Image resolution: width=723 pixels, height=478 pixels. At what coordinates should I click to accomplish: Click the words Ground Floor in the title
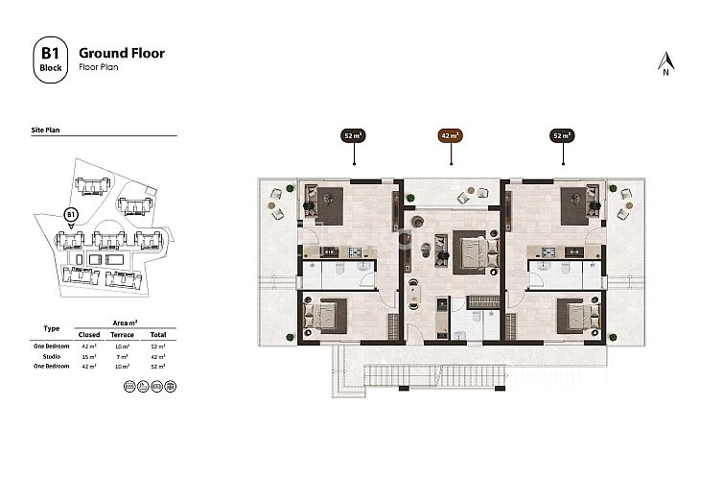(x=121, y=53)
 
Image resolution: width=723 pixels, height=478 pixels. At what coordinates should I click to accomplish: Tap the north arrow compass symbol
(x=664, y=62)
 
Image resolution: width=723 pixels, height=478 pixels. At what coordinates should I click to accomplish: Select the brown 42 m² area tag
(x=450, y=136)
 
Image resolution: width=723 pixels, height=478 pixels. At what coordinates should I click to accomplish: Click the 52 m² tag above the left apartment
(x=355, y=136)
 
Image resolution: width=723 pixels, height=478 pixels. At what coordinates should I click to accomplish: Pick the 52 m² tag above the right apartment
(x=562, y=136)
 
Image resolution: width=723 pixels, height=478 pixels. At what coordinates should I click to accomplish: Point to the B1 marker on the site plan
(x=70, y=215)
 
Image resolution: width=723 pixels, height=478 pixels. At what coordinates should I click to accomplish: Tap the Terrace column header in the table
(x=123, y=334)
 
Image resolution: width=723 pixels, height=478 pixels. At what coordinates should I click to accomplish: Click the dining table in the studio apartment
(x=416, y=288)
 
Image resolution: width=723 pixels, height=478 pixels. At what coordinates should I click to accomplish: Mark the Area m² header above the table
(x=121, y=323)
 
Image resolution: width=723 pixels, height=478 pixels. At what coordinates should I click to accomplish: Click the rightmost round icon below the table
(x=160, y=385)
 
